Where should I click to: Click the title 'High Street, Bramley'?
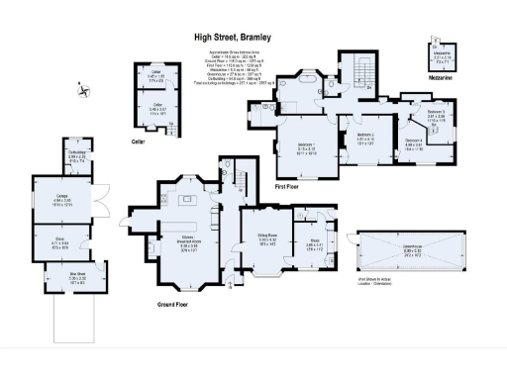pyautogui.click(x=232, y=38)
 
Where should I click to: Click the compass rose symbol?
pyautogui.click(x=84, y=93)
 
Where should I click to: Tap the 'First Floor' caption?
pyautogui.click(x=313, y=184)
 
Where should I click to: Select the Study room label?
pyautogui.click(x=316, y=242)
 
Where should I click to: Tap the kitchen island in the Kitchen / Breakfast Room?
pyautogui.click(x=185, y=202)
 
